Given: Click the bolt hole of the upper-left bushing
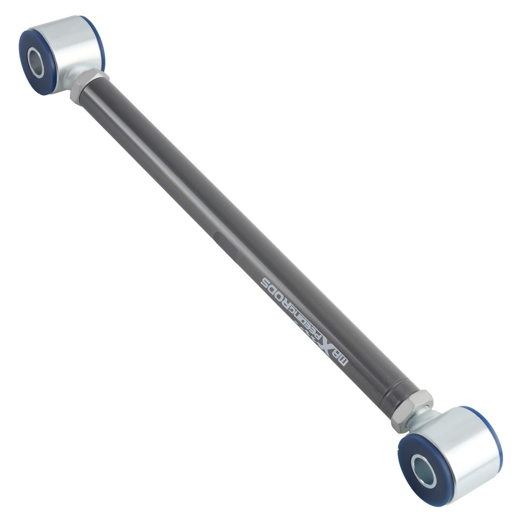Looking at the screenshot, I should pyautogui.click(x=36, y=63).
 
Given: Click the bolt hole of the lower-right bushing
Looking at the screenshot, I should pyautogui.click(x=423, y=471).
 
